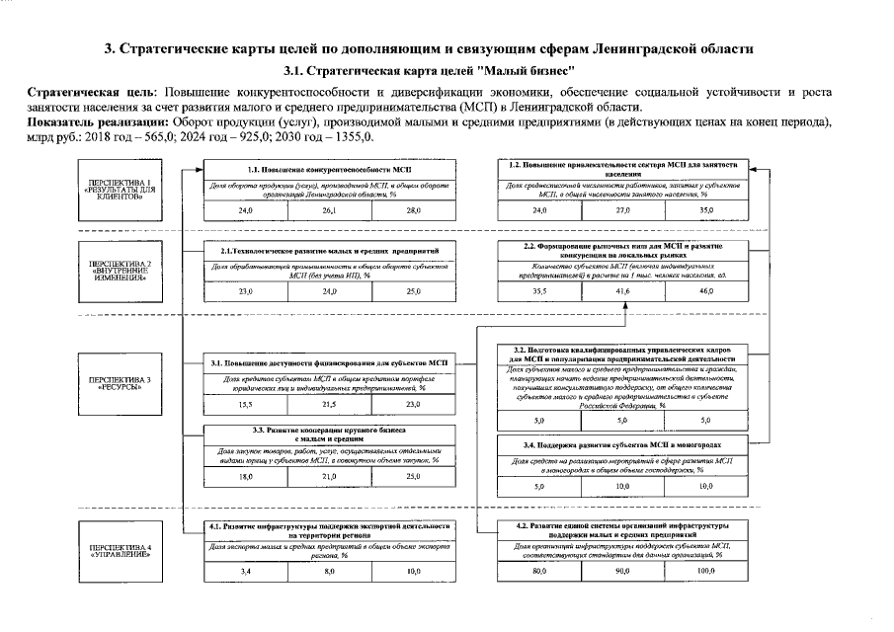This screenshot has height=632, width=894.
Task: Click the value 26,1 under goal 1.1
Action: (x=329, y=211)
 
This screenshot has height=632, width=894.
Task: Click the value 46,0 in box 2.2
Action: (x=704, y=291)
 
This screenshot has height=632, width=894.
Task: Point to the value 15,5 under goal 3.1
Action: (x=245, y=405)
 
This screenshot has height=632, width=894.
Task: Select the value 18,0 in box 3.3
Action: (x=245, y=477)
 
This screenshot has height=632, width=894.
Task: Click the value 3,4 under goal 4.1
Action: (x=245, y=572)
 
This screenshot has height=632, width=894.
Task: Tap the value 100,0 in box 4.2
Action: (x=704, y=572)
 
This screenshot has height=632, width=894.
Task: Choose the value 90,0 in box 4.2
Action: (x=622, y=572)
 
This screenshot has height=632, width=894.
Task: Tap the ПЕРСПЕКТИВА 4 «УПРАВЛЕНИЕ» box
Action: (x=121, y=548)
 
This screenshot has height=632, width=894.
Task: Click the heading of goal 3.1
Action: (x=329, y=364)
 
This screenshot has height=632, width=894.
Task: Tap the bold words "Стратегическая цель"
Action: (x=88, y=92)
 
